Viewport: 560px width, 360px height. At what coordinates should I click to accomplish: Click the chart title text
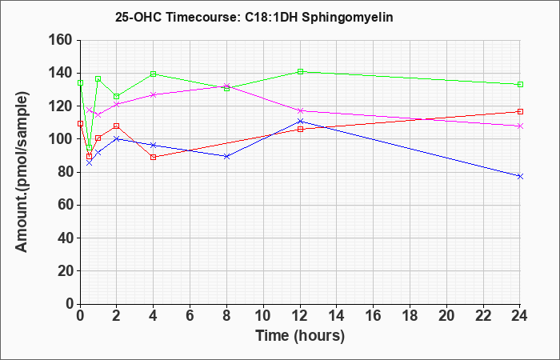(254, 17)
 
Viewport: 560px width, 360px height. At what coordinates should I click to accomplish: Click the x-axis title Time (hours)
(300, 336)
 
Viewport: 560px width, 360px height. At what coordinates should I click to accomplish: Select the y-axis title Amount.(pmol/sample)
(22, 172)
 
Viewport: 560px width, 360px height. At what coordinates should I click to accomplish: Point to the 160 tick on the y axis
(66, 41)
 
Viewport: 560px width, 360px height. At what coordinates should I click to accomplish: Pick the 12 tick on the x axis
(300, 316)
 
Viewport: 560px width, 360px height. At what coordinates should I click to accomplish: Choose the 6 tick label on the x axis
(190, 316)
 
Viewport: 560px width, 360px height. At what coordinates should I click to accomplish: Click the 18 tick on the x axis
(410, 316)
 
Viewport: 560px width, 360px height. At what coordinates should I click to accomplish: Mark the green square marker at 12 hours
(300, 71)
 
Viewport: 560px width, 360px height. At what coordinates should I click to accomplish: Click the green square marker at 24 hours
(520, 84)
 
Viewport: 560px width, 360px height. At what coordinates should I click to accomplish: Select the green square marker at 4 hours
(154, 74)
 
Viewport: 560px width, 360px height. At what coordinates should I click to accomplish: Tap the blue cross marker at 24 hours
(520, 177)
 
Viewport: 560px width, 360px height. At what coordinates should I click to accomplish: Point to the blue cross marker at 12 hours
(300, 122)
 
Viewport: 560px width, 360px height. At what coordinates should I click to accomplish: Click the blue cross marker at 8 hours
(226, 157)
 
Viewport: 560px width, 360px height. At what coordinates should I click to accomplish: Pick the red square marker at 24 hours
(520, 112)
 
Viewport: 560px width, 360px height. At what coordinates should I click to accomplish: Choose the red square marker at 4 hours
(154, 157)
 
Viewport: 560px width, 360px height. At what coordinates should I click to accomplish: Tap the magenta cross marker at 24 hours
(520, 126)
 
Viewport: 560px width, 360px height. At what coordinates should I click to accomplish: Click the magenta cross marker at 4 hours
(154, 94)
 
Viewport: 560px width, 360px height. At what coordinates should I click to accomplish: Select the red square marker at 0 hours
(80, 123)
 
